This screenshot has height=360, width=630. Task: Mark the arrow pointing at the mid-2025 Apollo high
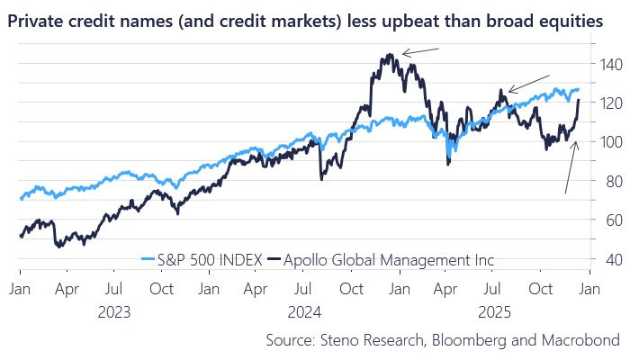(526, 83)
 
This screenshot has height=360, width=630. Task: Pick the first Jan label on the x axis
(19, 290)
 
